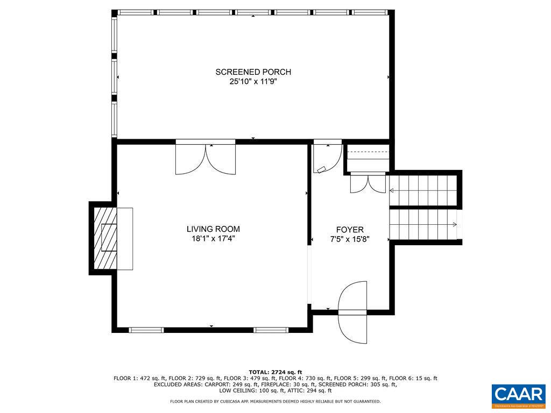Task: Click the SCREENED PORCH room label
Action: (x=253, y=72)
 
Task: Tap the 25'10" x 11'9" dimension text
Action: (x=253, y=82)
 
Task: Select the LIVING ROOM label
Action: (x=213, y=229)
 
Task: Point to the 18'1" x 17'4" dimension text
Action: (x=213, y=239)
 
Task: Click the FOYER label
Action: (x=350, y=229)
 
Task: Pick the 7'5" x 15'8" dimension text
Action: (x=350, y=239)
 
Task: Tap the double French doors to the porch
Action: (x=205, y=159)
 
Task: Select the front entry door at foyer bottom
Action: (x=352, y=312)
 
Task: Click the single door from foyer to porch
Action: (x=327, y=157)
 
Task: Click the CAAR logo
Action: (x=519, y=395)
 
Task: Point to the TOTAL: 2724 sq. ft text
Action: (x=275, y=372)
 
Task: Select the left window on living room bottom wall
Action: (x=146, y=330)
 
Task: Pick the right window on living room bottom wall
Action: (x=271, y=330)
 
